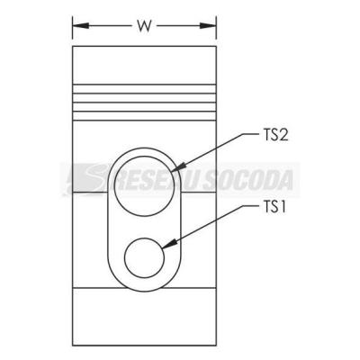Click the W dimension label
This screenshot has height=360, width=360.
[144, 26]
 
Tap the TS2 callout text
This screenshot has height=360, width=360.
[273, 136]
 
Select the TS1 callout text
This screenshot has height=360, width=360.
[272, 208]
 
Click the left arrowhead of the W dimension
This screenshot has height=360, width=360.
[81, 26]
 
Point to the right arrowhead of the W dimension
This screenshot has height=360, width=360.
[208, 26]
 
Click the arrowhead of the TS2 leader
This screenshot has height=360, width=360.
[178, 167]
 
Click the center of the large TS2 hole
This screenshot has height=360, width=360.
[144, 185]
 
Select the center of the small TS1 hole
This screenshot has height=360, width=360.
[145, 258]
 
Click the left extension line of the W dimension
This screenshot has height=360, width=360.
[73, 28]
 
